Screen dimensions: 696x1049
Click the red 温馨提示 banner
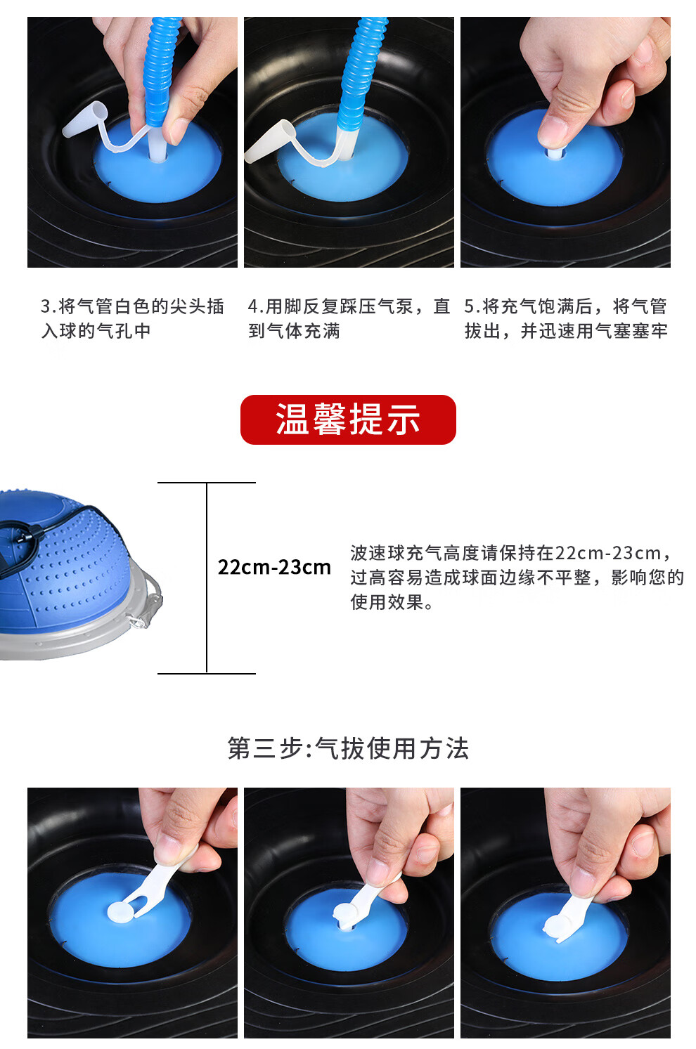click(x=348, y=419)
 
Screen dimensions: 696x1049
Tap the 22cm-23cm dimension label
click(x=274, y=567)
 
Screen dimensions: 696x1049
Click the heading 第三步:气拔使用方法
click(x=348, y=748)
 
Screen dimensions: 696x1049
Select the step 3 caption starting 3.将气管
click(x=132, y=318)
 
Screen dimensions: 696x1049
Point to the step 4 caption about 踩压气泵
click(x=349, y=318)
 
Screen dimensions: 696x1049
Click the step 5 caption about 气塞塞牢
click(x=566, y=318)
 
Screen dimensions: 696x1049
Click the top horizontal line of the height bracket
click(x=206, y=483)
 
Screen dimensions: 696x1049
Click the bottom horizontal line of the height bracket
click(x=206, y=673)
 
